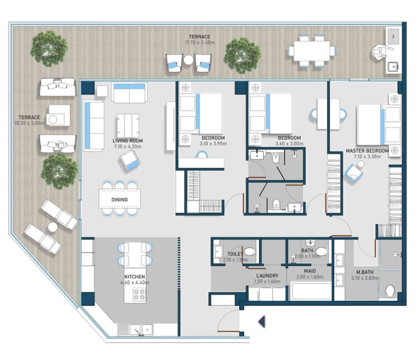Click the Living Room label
point(128,140)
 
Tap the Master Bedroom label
point(367,151)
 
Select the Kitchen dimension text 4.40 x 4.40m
point(135,282)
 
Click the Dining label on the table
point(120,199)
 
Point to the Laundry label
point(267,275)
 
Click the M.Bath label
point(365,272)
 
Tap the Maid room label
point(309,271)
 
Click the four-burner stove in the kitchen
point(139,294)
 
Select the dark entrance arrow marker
point(262,321)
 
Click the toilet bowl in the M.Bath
point(390,291)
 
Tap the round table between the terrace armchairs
point(189,60)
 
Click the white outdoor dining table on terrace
point(312,51)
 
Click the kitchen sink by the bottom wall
point(141,330)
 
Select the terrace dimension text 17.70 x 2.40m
point(199,43)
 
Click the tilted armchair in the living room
point(130,161)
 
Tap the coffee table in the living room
point(128,126)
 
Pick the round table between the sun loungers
point(53,228)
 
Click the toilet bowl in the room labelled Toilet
point(249,252)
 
